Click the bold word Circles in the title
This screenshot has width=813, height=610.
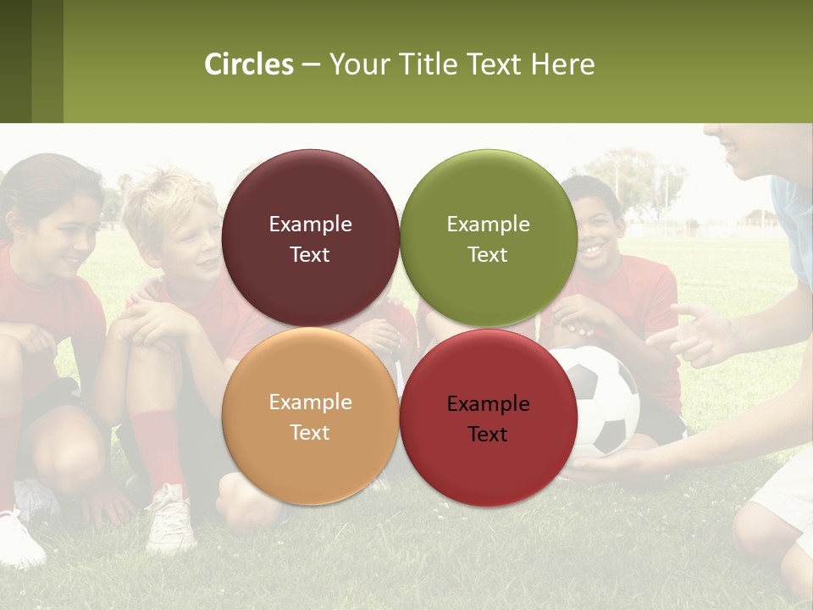[249, 64]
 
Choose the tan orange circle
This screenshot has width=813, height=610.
[310, 417]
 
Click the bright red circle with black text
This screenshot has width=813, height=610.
[489, 419]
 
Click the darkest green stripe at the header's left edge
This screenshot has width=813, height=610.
[15, 61]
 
